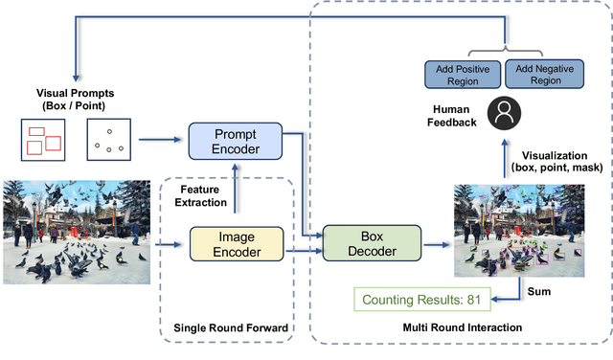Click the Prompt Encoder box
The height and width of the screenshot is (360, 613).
point(237,142)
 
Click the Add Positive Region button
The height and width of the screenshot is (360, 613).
point(463,74)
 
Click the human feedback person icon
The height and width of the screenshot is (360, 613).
point(502,114)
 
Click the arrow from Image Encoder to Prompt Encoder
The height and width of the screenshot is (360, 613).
point(237,193)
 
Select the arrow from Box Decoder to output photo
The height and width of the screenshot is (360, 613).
point(436,245)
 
